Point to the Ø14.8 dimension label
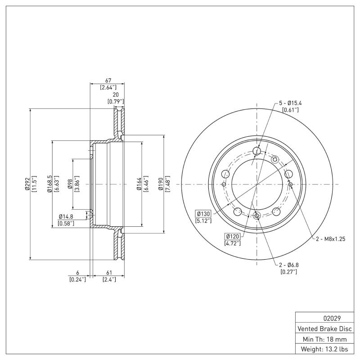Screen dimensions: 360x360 [66, 217]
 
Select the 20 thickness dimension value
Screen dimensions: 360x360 [116, 95]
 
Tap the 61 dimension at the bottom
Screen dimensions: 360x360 [108, 273]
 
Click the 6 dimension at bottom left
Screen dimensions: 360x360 [77, 273]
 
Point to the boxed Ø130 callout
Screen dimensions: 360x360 [203, 213]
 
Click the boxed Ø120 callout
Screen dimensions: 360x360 [232, 236]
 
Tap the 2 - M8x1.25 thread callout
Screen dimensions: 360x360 [330, 239]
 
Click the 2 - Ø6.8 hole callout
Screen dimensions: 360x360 [288, 265]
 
